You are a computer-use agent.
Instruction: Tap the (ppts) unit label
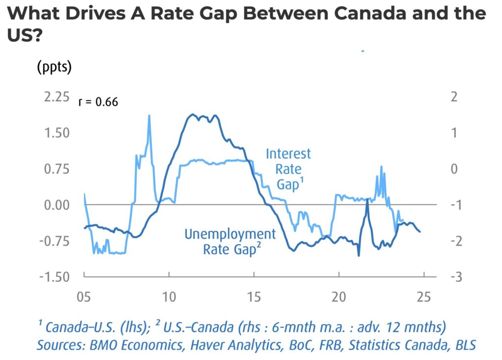tap(54, 67)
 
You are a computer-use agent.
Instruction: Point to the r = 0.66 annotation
tap(98, 102)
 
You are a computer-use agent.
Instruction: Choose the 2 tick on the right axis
tap(453, 96)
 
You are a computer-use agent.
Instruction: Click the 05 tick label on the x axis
tap(84, 297)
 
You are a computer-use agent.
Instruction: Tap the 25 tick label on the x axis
tap(423, 297)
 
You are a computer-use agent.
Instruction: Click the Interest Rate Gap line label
tap(288, 169)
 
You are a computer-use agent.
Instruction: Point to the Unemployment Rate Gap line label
tap(230, 241)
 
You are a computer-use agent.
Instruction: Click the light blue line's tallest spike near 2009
tap(149, 116)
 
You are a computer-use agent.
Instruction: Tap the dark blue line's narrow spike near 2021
tap(367, 200)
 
